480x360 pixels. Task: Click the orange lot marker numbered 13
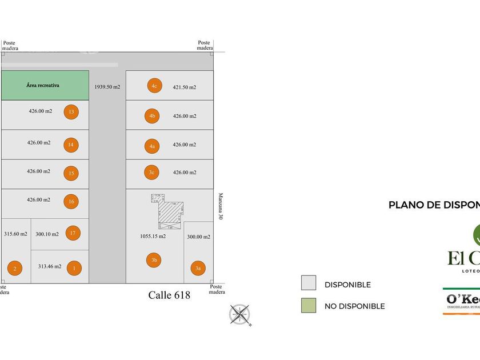71,112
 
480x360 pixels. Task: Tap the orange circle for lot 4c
153,86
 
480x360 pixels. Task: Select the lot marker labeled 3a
198,267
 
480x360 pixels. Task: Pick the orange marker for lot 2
15,268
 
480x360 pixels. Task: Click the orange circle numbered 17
73,233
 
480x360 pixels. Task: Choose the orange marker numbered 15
71,173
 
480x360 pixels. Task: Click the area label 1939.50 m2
107,87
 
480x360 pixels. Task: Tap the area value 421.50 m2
185,87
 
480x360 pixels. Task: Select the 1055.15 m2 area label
153,236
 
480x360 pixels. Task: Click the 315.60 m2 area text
15,234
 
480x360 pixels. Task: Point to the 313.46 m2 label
50,266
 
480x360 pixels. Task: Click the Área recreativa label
43,85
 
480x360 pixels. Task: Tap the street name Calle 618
169,295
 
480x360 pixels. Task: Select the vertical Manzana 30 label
220,206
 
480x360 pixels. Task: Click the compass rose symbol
240,315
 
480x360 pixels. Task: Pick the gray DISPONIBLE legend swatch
309,283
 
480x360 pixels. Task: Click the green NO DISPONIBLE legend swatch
309,305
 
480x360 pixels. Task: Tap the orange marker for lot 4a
152,146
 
